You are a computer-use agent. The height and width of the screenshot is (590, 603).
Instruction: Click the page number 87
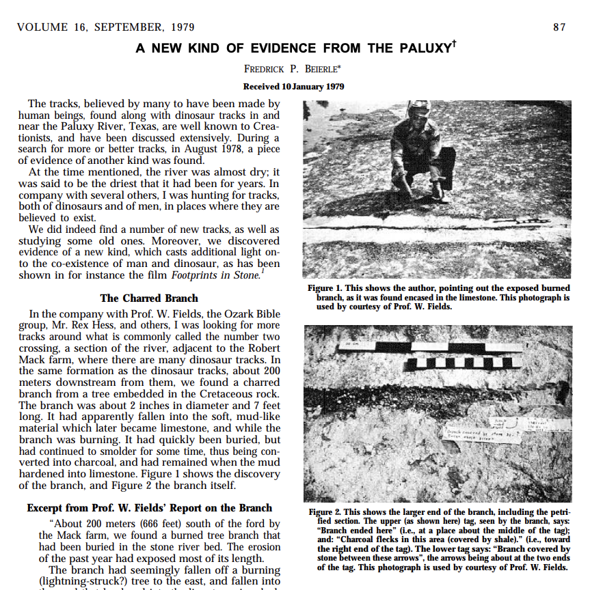559,27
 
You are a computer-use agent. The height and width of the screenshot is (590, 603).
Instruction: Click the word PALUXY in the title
420,48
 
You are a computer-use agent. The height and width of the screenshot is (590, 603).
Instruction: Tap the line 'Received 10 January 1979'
293,87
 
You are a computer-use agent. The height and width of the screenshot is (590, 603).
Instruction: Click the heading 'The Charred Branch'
149,298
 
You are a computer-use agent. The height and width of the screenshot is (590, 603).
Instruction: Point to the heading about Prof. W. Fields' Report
150,508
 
